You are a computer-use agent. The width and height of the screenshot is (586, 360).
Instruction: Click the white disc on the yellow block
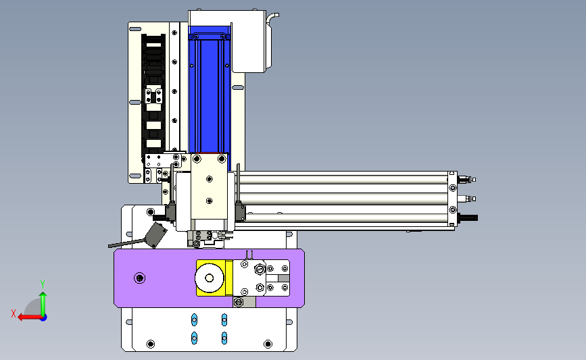coord(210,278)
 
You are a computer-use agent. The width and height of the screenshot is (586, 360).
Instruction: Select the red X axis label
coord(14,313)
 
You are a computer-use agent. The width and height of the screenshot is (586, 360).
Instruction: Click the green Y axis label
coord(43,284)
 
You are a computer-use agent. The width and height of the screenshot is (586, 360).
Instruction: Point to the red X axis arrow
coord(30,317)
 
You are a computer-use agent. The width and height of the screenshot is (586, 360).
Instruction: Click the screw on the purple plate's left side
coord(140,278)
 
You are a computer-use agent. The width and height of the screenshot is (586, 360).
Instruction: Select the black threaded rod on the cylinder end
coord(468,217)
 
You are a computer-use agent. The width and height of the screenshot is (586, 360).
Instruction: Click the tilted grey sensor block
coord(155,235)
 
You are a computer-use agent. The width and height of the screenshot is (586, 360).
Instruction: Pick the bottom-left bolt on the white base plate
coord(151,344)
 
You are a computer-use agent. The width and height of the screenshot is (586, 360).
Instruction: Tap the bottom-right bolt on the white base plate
coord(268,344)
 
